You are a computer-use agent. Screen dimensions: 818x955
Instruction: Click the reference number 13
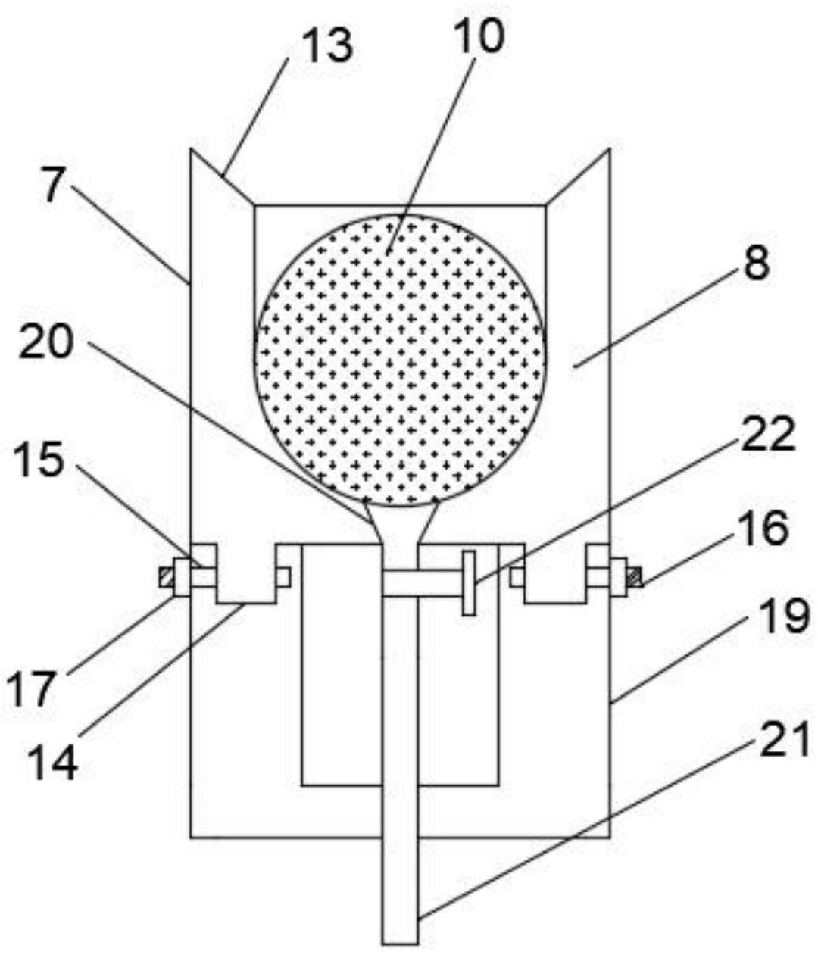click(x=329, y=45)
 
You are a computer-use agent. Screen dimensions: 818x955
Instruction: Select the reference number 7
click(x=54, y=186)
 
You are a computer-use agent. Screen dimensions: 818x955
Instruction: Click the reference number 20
click(x=46, y=341)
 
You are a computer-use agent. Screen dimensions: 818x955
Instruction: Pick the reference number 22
click(x=768, y=432)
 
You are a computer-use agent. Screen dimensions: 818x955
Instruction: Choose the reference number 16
click(x=763, y=528)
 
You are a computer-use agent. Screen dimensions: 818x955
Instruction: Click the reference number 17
click(x=32, y=689)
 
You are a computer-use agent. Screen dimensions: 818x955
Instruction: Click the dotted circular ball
click(x=400, y=360)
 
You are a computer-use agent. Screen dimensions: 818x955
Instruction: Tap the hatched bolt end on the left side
click(x=166, y=577)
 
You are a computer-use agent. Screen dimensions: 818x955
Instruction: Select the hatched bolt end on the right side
click(x=635, y=577)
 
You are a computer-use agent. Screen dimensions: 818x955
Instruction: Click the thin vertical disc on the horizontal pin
click(x=469, y=582)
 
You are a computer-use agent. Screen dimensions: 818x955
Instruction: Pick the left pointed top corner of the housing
click(x=191, y=149)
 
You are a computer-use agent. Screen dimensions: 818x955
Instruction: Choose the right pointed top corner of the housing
click(x=610, y=149)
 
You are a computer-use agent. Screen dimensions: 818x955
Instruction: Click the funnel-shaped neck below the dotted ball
click(x=400, y=523)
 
